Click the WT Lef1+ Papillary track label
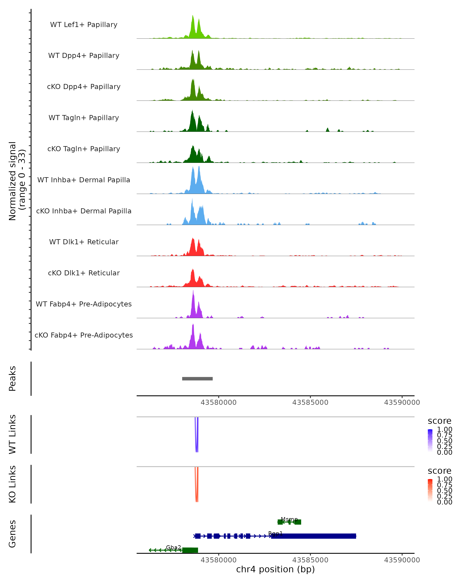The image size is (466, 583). [84, 25]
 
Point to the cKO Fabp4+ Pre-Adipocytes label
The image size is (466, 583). [84, 335]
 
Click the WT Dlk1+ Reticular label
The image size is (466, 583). [84, 242]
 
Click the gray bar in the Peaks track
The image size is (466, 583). [197, 379]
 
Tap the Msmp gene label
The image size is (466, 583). [289, 519]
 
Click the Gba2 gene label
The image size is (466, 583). [173, 547]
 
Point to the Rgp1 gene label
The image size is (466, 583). [275, 533]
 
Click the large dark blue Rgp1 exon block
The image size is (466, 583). [313, 536]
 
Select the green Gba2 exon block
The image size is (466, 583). [190, 550]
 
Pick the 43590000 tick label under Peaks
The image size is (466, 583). [402, 402]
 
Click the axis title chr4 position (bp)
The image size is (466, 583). [275, 569]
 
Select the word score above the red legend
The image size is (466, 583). [439, 471]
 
